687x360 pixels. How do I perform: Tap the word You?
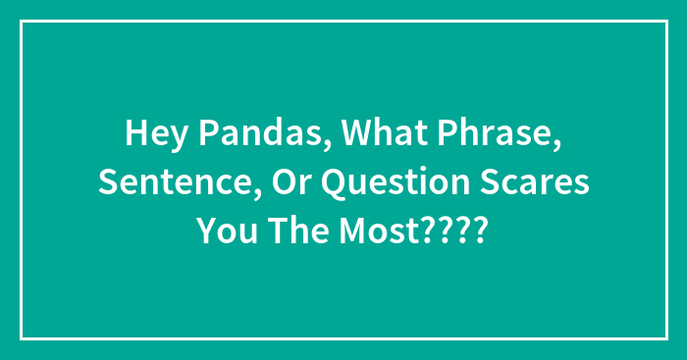pyautogui.click(x=223, y=232)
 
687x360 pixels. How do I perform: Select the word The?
pyautogui.click(x=293, y=232)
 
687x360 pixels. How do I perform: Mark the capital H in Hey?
pyautogui.click(x=135, y=136)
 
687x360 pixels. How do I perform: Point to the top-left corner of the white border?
pyautogui.click(x=22, y=21)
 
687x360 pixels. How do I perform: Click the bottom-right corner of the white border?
pyautogui.click(x=665, y=338)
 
